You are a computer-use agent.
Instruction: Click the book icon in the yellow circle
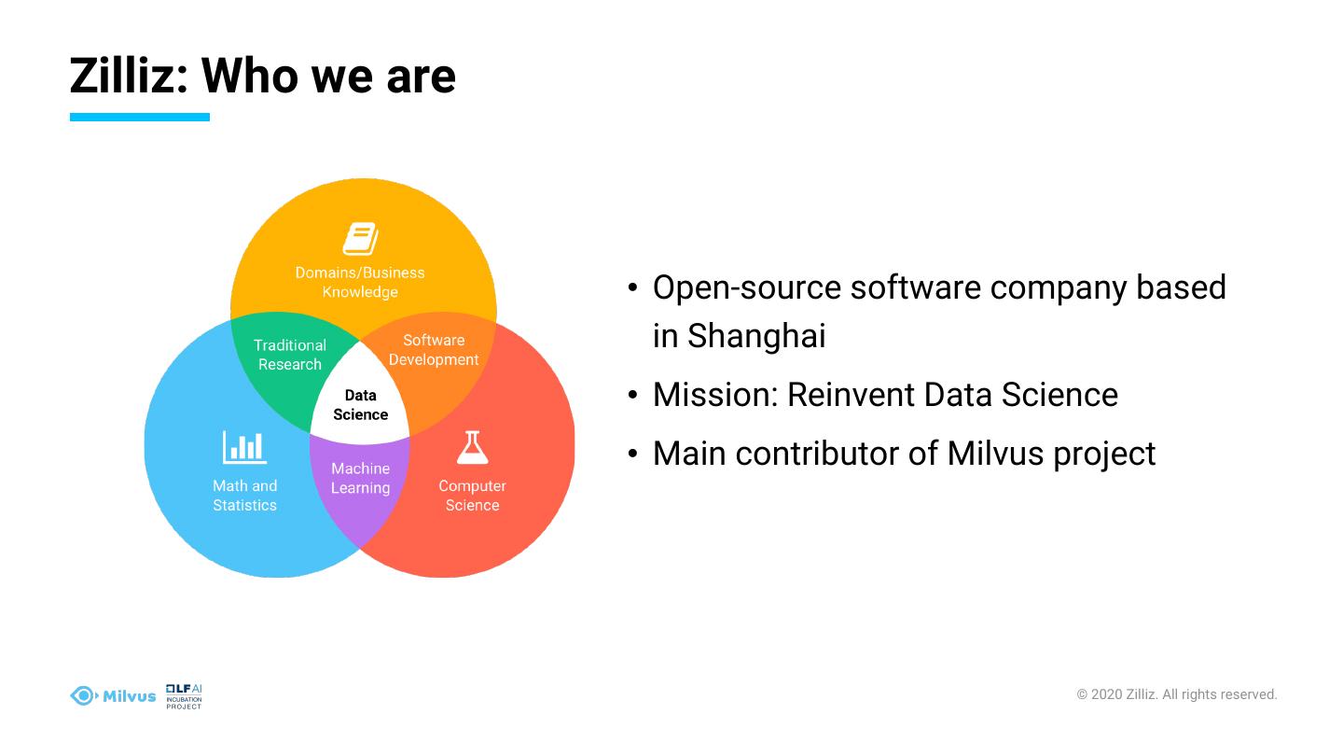click(x=360, y=239)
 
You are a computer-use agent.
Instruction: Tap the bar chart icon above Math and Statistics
click(x=244, y=448)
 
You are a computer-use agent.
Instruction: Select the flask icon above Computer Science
click(x=472, y=448)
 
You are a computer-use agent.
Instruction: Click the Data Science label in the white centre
click(x=360, y=405)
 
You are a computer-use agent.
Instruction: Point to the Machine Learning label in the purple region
click(x=360, y=478)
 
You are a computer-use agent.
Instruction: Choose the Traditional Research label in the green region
click(x=289, y=355)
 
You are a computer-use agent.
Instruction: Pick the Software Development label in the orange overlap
click(x=434, y=350)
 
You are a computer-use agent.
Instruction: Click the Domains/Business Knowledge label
click(x=360, y=282)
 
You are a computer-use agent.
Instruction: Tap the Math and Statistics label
click(x=244, y=496)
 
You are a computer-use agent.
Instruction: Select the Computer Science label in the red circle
click(x=472, y=496)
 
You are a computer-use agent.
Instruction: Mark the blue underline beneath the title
click(x=140, y=118)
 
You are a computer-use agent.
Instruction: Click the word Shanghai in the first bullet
click(x=756, y=336)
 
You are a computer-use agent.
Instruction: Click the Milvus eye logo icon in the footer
click(x=83, y=695)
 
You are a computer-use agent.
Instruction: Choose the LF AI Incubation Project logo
click(x=184, y=696)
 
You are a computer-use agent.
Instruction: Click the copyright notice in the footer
click(x=1176, y=694)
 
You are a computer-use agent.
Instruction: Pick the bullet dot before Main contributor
click(x=633, y=455)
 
